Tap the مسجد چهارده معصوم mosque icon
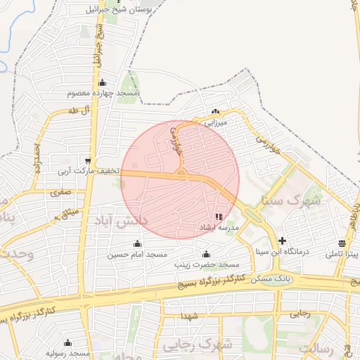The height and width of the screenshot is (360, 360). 102,82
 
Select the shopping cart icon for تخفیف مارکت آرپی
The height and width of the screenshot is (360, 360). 88,160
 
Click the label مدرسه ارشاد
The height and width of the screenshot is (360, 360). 220,229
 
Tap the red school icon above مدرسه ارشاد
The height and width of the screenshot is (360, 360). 219,217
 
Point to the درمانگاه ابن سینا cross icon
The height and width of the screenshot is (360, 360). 282,240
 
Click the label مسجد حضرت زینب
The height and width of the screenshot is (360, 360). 207,264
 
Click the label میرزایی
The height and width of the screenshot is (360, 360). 215,122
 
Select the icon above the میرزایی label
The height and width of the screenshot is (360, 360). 215,112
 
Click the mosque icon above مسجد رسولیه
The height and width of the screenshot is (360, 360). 67,342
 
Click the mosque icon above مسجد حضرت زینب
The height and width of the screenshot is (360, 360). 206,254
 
